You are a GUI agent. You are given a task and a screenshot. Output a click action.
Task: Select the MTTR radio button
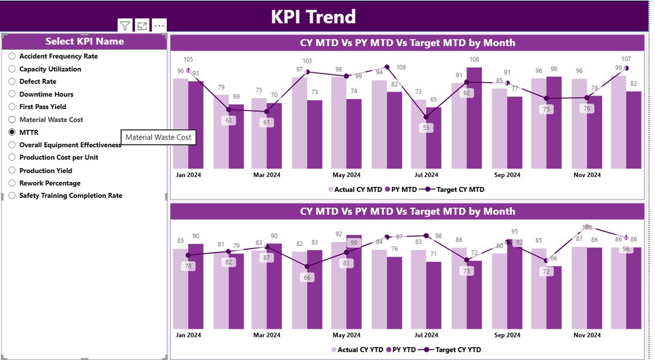click(12, 132)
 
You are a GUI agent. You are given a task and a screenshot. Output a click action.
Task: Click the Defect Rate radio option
click(12, 81)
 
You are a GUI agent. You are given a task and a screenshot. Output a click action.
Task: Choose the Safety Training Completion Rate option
click(12, 195)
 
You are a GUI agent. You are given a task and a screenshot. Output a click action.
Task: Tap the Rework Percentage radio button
click(12, 183)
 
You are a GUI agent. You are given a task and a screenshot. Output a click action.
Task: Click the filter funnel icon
click(125, 26)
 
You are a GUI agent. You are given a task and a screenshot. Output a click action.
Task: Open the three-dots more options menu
click(159, 26)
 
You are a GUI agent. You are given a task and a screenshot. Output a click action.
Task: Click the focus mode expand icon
click(142, 26)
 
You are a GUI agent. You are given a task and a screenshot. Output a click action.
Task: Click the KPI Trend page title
click(313, 17)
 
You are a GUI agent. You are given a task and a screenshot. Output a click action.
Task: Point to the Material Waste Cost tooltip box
click(158, 137)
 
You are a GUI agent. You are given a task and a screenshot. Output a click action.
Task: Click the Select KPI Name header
click(84, 41)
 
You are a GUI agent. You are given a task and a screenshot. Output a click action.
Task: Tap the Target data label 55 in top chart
click(426, 128)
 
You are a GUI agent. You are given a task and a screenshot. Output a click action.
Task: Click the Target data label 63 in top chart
click(229, 121)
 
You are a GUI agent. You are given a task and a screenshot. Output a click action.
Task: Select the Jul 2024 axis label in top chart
click(426, 175)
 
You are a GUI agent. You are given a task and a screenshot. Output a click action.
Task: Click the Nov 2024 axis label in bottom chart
click(587, 335)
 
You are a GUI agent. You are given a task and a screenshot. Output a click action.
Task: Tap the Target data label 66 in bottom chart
click(307, 278)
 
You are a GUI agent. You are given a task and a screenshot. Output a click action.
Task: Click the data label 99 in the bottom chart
click(353, 243)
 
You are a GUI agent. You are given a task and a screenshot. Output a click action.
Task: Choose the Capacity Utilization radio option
click(12, 69)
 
